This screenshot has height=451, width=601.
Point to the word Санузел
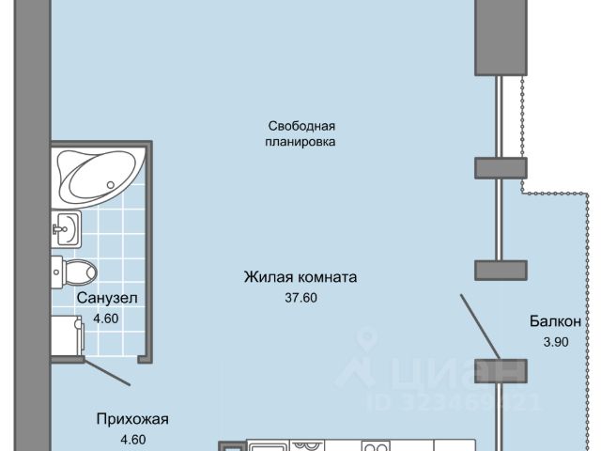[x=108, y=299]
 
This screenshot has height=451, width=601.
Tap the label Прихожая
[x=131, y=419]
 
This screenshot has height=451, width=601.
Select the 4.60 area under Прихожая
[x=131, y=438]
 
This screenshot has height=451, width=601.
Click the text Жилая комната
[x=300, y=278]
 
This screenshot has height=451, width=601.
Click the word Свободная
[x=300, y=125]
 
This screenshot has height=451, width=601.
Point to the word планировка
[x=300, y=142]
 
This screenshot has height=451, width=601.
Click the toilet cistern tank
[x=58, y=272]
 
